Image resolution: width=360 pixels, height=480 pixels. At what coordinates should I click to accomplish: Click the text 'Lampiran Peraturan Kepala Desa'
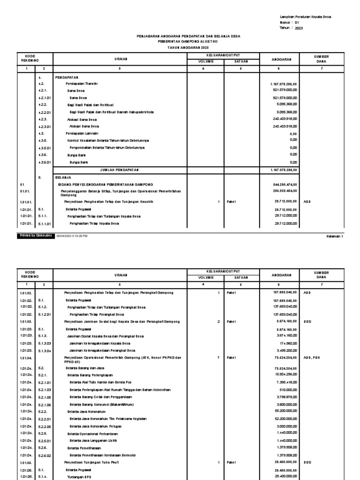tap(305, 16)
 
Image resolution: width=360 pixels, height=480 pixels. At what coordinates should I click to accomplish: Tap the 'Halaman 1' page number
tap(335, 237)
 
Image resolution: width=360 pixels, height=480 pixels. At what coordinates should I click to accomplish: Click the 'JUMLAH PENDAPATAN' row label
tap(120, 170)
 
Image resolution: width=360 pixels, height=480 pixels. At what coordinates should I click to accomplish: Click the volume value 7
tap(218, 357)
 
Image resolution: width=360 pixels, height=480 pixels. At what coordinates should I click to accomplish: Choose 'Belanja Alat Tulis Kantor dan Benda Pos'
tap(98, 382)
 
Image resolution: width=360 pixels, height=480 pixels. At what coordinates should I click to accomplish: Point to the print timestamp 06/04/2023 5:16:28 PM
tap(72, 236)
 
